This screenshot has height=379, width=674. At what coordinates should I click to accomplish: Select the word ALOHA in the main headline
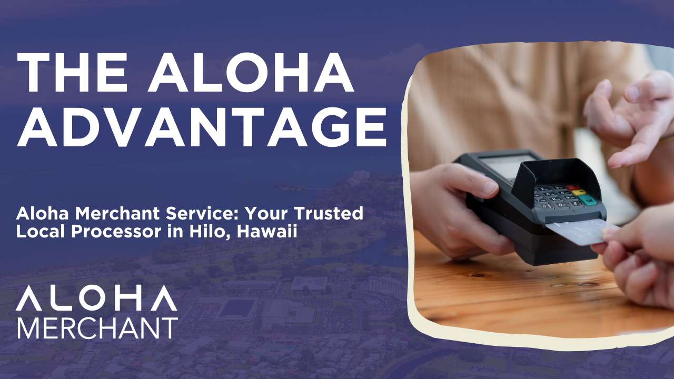pos(251,73)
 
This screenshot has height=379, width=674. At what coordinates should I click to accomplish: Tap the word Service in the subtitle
pos(202,213)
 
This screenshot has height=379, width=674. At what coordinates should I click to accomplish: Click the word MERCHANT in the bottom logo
pos(98,327)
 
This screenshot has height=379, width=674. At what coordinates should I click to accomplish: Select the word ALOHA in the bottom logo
pos(96,298)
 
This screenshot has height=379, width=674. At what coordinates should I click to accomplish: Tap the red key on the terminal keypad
pos(573,188)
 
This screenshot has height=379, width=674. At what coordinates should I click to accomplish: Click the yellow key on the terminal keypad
pos(578,193)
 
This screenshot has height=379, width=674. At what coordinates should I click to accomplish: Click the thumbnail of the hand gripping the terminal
pos(490,187)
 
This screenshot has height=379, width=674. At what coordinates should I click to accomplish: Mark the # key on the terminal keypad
pos(576,204)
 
